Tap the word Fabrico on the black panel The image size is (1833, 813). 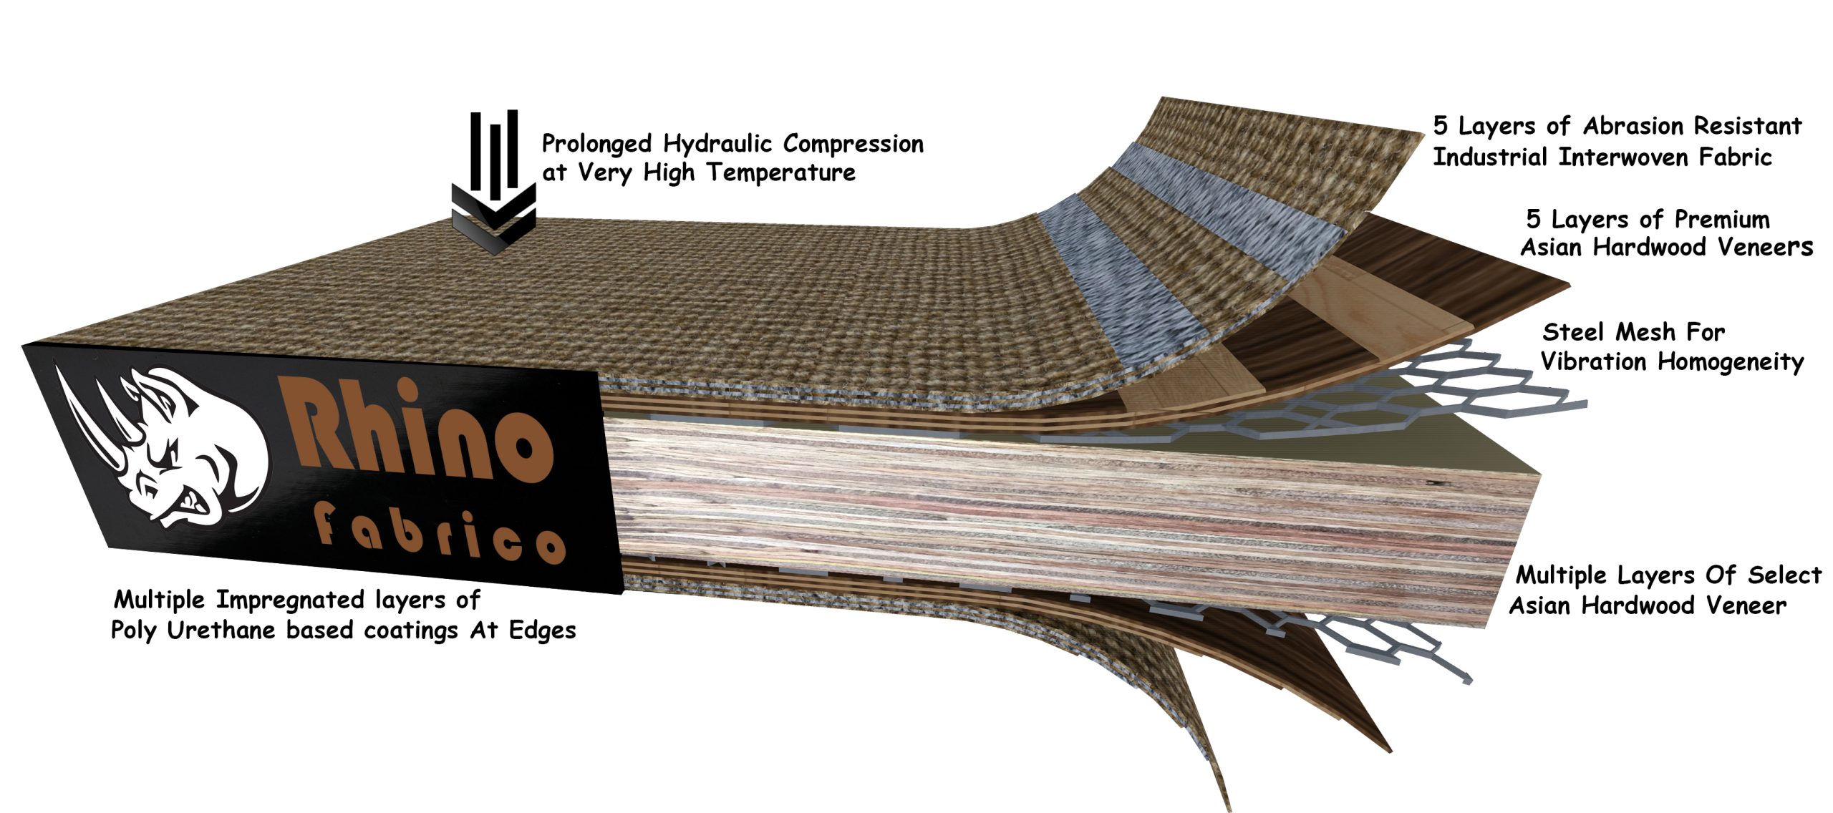point(440,534)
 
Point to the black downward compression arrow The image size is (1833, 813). point(493,183)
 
